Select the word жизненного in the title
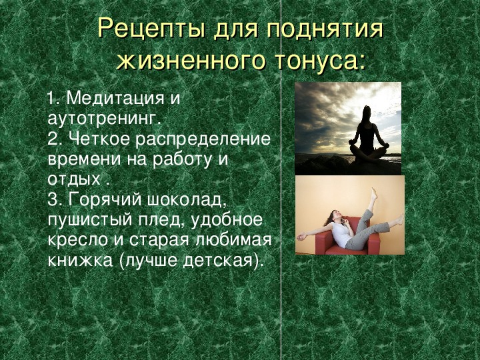[x=190, y=61]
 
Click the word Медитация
[x=115, y=98]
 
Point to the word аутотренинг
[x=104, y=119]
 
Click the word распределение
[x=203, y=139]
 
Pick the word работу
[x=182, y=159]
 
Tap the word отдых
[x=74, y=179]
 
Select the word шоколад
[x=187, y=200]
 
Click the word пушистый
[x=90, y=220]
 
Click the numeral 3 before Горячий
[x=53, y=200]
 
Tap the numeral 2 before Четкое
[x=53, y=139]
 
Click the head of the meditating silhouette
[x=367, y=112]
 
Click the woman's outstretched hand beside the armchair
[x=301, y=236]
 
